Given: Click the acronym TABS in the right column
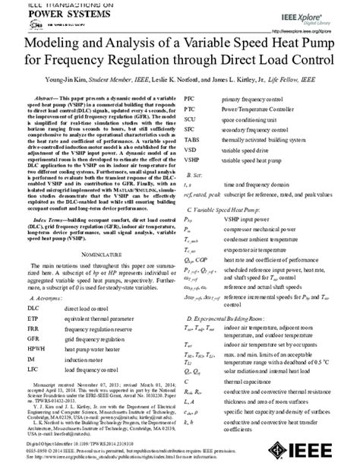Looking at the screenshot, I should click(x=192, y=139).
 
